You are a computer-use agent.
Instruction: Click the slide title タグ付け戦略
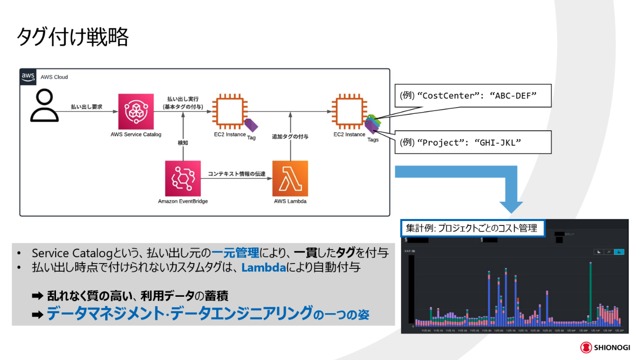pyautogui.click(x=73, y=37)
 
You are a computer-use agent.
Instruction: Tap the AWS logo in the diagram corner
pyautogui.click(x=28, y=77)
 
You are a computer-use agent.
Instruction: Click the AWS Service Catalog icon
pyautogui.click(x=136, y=111)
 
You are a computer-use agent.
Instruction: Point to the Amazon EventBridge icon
pyautogui.click(x=182, y=179)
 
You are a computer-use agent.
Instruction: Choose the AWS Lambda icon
pyautogui.click(x=290, y=179)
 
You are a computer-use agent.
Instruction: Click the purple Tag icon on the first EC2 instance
pyautogui.click(x=251, y=125)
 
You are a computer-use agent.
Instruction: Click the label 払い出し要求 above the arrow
pyautogui.click(x=86, y=107)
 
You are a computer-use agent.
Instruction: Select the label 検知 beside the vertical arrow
pyautogui.click(x=182, y=143)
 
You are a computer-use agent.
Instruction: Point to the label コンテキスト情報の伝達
pyautogui.click(x=237, y=174)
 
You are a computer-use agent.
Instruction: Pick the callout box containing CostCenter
pyautogui.click(x=473, y=96)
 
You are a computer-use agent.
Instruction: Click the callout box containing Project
pyautogui.click(x=473, y=142)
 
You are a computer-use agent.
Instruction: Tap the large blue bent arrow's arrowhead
pyautogui.click(x=511, y=205)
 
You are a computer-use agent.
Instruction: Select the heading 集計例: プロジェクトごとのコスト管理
pyautogui.click(x=473, y=228)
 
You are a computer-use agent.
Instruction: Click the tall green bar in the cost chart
pyautogui.click(x=590, y=290)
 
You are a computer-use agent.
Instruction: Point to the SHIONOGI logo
pyautogui.click(x=605, y=347)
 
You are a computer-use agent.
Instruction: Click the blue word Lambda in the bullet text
pyautogui.click(x=264, y=267)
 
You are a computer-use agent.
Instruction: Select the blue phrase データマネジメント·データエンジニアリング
pyautogui.click(x=179, y=314)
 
